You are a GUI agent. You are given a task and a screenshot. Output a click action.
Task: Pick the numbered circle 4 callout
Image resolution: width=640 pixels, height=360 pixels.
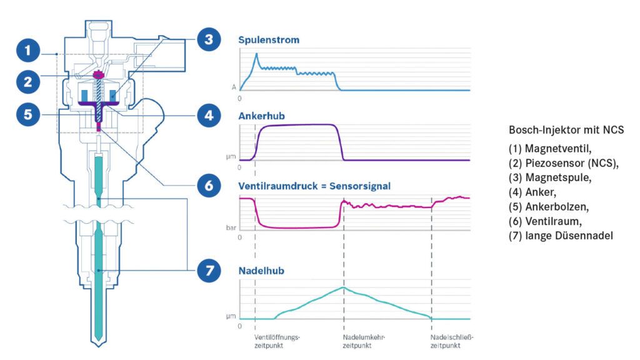point(208,116)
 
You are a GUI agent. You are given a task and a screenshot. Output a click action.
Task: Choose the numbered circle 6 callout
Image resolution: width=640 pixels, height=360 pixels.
point(208,186)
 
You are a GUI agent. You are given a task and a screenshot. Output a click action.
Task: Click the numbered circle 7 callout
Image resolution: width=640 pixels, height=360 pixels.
point(208,271)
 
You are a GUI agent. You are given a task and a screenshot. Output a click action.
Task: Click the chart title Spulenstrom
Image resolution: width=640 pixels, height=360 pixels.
point(269,41)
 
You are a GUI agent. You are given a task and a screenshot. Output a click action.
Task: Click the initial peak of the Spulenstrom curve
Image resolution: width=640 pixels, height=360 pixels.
point(256,54)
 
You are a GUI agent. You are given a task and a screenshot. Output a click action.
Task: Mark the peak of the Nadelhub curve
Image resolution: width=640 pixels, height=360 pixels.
point(343,287)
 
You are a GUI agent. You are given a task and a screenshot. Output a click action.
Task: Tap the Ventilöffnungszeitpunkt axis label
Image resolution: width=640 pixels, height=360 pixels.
point(278,341)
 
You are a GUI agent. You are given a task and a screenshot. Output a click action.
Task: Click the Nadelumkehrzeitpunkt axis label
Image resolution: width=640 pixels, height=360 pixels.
point(364,341)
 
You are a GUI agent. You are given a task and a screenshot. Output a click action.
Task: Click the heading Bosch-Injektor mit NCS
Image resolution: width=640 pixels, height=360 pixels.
point(566,129)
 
